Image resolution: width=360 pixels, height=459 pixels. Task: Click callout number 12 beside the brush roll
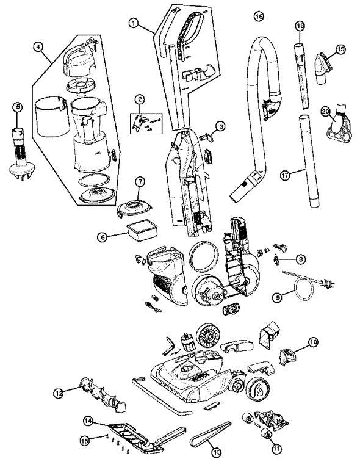tap(59, 394)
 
